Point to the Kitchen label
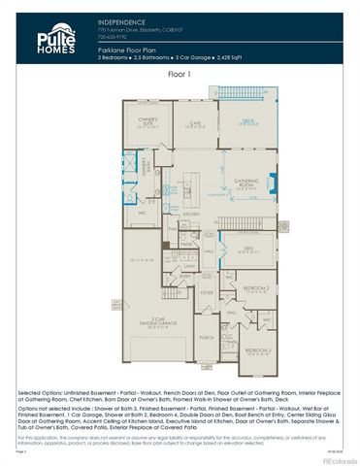(x=192, y=214)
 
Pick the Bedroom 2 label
(x=256, y=288)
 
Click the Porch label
(x=206, y=338)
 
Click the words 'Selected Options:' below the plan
(x=40, y=396)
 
